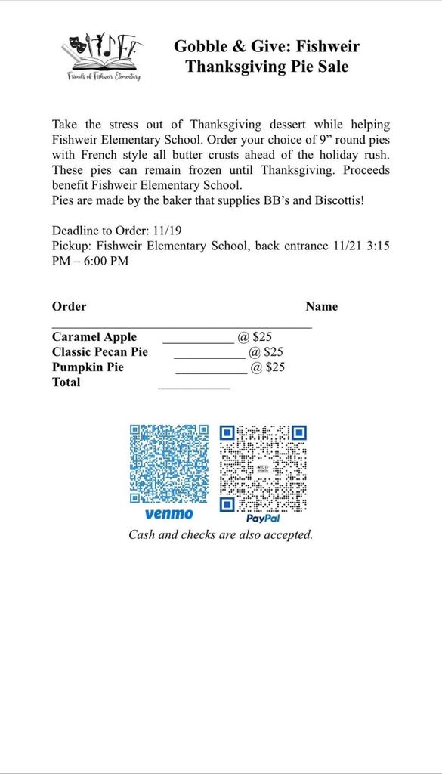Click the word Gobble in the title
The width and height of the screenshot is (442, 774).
click(200, 46)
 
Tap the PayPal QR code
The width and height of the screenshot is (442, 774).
click(263, 469)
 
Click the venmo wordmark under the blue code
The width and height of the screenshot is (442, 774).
click(168, 514)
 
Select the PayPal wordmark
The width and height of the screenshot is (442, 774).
click(263, 519)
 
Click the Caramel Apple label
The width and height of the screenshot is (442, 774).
click(94, 337)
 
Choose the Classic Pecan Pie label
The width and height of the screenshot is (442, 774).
click(100, 352)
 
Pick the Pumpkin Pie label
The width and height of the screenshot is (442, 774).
click(88, 367)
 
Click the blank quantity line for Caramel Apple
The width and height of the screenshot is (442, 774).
click(198, 341)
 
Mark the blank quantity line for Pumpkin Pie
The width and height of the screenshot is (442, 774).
click(211, 371)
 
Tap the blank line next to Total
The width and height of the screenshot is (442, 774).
click(193, 386)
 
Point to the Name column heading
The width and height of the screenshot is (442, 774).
click(321, 307)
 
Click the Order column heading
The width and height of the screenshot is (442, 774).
click(69, 307)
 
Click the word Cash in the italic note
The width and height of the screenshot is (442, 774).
click(143, 535)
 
